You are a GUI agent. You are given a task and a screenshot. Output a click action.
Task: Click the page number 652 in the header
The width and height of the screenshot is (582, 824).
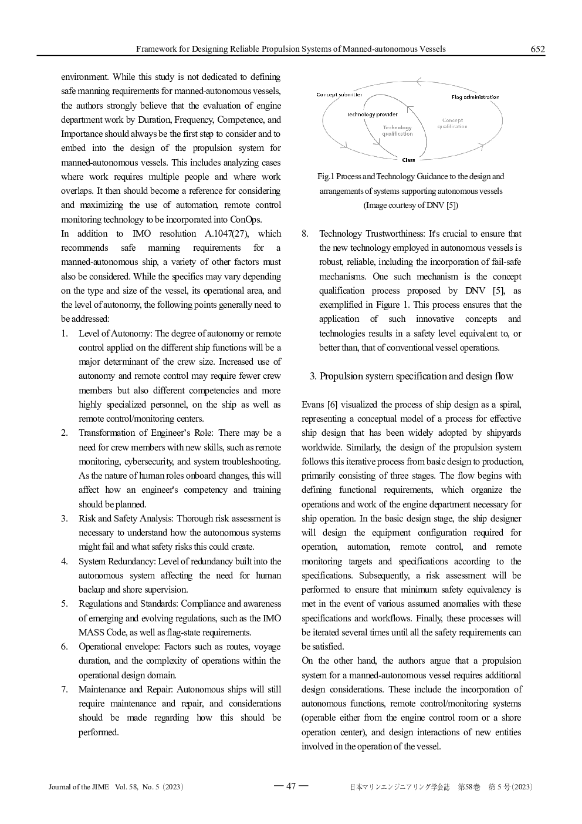(x=537, y=49)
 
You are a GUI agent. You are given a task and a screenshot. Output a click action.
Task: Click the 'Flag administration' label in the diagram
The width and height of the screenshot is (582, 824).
(x=475, y=97)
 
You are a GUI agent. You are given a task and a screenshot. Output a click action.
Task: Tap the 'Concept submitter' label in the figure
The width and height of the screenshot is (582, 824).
(x=339, y=95)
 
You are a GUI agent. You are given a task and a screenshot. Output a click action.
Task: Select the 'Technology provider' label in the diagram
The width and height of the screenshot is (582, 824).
(x=372, y=115)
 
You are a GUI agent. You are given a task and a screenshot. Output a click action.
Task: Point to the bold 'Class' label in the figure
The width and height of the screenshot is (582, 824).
(x=408, y=160)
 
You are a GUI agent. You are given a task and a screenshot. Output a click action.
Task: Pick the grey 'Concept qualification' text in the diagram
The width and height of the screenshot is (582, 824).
(x=452, y=123)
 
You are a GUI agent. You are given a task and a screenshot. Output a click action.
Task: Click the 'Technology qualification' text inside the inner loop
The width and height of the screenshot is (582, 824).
(x=397, y=130)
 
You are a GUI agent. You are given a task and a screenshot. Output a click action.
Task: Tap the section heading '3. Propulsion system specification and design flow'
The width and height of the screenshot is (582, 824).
(x=411, y=376)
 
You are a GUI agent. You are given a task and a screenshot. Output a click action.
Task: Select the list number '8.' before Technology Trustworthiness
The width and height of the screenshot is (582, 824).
(x=305, y=234)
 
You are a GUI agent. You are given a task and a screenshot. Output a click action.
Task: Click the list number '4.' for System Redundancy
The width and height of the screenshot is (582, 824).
(x=65, y=561)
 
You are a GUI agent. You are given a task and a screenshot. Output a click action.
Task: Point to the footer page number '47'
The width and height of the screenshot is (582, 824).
(x=291, y=786)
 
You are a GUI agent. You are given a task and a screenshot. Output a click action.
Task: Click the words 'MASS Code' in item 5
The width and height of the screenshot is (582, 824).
(x=99, y=633)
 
